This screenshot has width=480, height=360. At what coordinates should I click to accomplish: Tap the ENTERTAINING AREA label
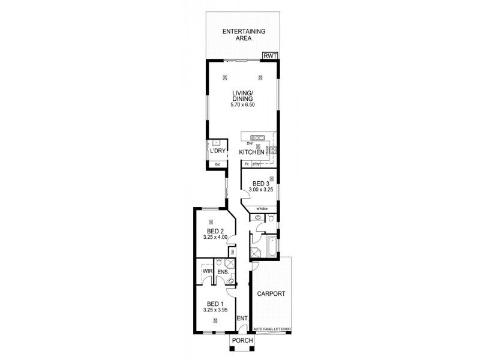[244, 34]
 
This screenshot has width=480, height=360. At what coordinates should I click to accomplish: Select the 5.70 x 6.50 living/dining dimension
[244, 105]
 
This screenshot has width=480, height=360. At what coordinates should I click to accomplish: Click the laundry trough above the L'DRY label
[215, 143]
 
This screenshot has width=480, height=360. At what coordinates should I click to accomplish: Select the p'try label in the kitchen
[256, 163]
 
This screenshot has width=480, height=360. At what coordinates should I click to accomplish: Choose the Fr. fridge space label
[247, 163]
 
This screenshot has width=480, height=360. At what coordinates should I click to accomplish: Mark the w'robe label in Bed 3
[262, 209]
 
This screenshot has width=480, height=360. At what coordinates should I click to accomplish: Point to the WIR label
[208, 272]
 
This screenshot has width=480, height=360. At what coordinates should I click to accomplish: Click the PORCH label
[244, 341]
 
